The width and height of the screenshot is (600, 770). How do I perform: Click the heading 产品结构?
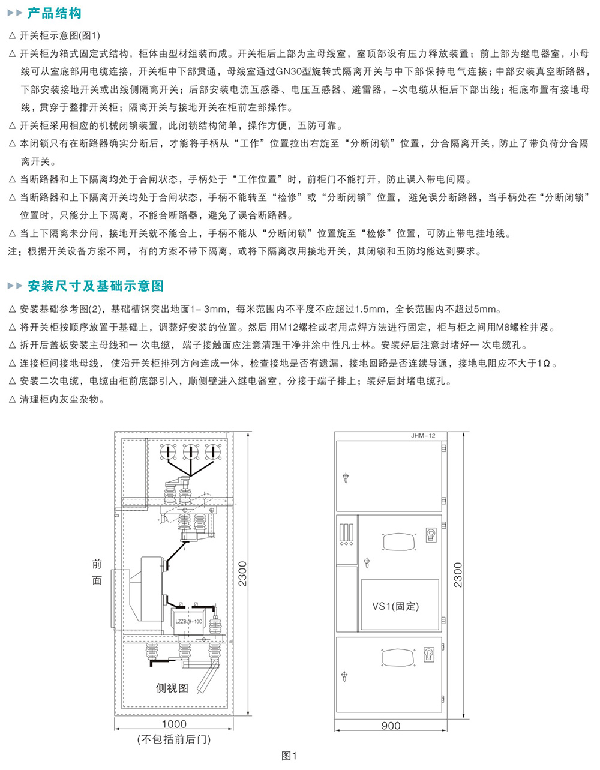point(55,13)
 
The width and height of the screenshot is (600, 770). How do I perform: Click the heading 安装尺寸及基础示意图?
point(95,286)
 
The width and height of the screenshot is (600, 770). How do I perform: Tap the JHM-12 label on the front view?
point(423,436)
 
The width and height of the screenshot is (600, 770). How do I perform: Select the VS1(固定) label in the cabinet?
point(395,606)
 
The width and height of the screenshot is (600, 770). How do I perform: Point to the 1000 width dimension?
point(174,724)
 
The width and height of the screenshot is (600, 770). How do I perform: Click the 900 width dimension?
point(391,726)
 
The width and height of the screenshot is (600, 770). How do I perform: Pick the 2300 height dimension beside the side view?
point(242,574)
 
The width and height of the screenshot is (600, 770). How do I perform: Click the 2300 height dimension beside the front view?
point(458,575)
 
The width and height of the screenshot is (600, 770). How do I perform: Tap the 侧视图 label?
point(172,688)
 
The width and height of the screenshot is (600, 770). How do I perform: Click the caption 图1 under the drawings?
point(289,756)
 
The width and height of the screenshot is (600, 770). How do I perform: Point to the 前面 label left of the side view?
point(97,572)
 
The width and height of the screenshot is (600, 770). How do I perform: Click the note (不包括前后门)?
point(174,739)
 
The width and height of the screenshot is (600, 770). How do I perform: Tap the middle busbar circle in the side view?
point(190,452)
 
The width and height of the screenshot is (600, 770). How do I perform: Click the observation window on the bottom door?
point(398,657)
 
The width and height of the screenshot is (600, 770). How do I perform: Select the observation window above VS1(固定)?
point(399,542)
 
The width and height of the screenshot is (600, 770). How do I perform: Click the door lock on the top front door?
point(346,478)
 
